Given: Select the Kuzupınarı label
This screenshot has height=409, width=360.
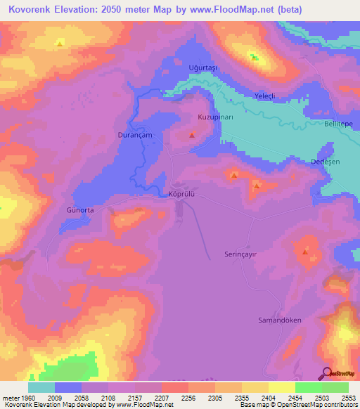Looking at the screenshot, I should pos(215,116).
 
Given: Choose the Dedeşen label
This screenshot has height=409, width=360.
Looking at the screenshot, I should pos(326,162).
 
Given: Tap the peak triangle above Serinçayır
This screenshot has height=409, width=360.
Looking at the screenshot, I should pos(304,251).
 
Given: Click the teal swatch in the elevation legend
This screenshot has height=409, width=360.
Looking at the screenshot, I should pos(41,387).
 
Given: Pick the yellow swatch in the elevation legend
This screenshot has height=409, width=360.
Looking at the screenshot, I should pos(282,387).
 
